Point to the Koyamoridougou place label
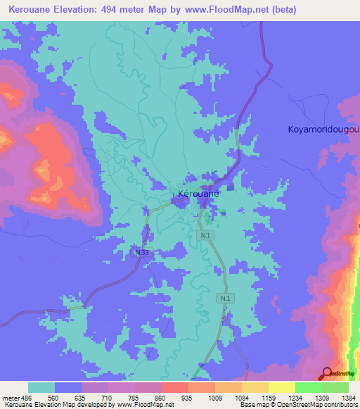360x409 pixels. click(323, 129)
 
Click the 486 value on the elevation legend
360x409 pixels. click(26, 397)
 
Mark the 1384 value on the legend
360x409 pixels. click(348, 397)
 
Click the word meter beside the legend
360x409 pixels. click(10, 397)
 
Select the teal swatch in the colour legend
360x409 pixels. click(41, 387)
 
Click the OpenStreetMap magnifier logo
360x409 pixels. click(327, 373)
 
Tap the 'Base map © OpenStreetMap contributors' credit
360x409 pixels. click(295, 405)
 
